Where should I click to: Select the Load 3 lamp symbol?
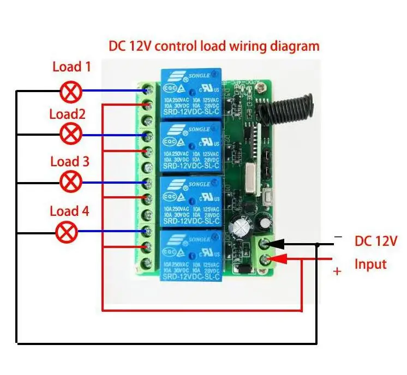(70, 182)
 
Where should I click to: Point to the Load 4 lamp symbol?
(67, 232)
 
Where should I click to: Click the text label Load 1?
(71, 67)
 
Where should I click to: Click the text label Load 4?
(69, 210)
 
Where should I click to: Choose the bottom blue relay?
(189, 255)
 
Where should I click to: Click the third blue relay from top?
(189, 201)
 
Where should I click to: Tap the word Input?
(370, 264)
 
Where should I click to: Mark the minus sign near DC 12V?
(338, 237)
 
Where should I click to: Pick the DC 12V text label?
(376, 240)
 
